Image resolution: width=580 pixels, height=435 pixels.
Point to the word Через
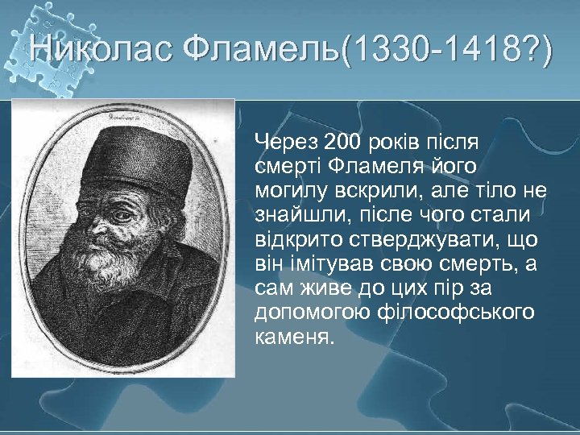(286, 143)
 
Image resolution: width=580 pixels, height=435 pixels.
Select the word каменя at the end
(292, 336)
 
